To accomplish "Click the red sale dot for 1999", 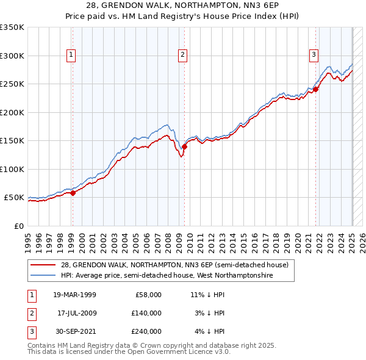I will click(73, 193).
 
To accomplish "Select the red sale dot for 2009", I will click(184, 146).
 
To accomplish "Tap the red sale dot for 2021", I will click(316, 90).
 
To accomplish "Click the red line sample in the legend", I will click(44, 264).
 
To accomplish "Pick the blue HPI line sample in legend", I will click(44, 275).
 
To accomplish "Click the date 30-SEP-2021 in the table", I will click(76, 331).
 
